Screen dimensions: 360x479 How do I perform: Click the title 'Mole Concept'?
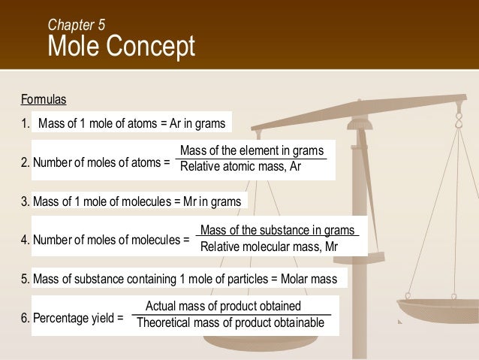(x=121, y=47)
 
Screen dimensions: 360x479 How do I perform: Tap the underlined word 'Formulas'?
(x=44, y=98)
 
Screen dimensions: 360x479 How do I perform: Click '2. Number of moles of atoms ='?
(x=96, y=162)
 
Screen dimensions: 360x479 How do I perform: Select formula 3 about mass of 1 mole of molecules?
(x=131, y=201)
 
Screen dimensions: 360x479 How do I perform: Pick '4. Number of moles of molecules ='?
(x=105, y=241)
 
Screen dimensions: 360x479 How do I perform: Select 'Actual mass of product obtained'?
(x=223, y=306)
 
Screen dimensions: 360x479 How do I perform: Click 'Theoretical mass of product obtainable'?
(x=230, y=322)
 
